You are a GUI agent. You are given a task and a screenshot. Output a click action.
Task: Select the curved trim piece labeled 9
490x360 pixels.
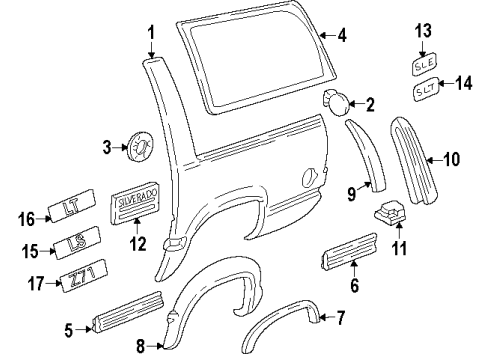[x=364, y=150]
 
